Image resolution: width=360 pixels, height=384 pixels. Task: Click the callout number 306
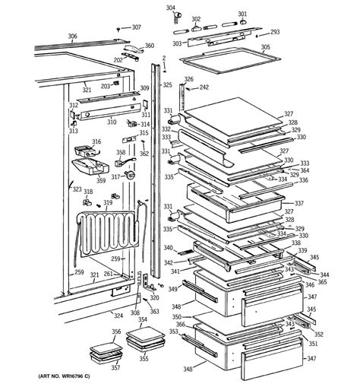click(x=72, y=36)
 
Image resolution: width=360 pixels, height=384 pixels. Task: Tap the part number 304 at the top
click(x=170, y=8)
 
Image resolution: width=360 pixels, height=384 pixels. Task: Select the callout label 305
click(x=265, y=47)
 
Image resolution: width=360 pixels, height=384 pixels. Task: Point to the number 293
click(x=275, y=32)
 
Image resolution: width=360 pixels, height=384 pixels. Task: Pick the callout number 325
click(x=167, y=84)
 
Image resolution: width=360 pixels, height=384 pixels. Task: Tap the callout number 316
click(x=96, y=142)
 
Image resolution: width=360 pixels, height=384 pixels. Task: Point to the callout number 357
click(x=115, y=368)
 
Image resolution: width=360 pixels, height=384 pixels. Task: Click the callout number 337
click(x=299, y=204)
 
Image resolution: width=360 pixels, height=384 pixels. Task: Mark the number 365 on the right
click(x=322, y=282)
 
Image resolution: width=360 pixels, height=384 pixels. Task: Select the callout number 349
click(x=172, y=289)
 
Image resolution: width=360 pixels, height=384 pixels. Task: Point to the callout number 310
click(x=111, y=122)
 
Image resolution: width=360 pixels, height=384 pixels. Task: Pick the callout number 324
click(x=118, y=315)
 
